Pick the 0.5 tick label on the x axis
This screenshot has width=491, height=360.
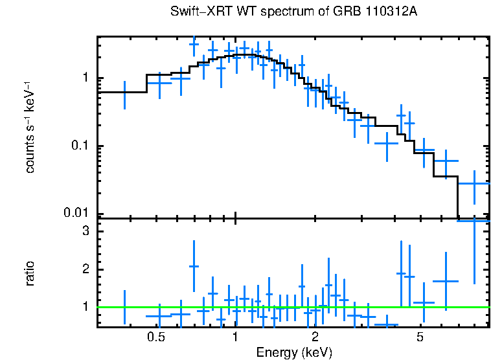pyautogui.click(x=155, y=337)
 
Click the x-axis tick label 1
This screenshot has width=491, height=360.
pyautogui.click(x=235, y=337)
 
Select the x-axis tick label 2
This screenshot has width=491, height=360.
pyautogui.click(x=315, y=337)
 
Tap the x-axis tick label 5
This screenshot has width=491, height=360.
pyautogui.click(x=420, y=337)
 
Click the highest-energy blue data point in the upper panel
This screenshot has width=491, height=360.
pyautogui.click(x=474, y=183)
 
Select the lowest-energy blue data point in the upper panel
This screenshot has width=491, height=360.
pyautogui.click(x=124, y=92)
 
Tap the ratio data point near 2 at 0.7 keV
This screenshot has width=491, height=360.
pyautogui.click(x=193, y=266)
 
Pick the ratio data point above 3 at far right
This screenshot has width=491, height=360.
pyautogui.click(x=474, y=221)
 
